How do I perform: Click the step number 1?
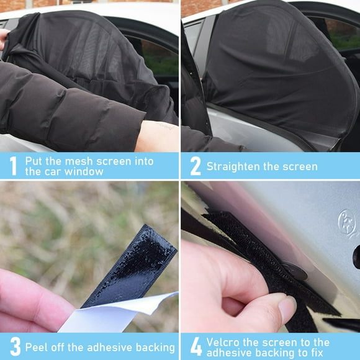[x=12, y=166]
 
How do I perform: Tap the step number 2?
[x=194, y=166]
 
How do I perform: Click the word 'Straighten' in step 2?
[x=233, y=166]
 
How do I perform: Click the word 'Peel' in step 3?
[x=37, y=346]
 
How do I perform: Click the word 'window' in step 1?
[x=86, y=171]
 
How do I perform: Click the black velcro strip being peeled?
[x=137, y=267]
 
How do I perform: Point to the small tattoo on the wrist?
[x=163, y=127]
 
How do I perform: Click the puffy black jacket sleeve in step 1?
[x=68, y=106]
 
